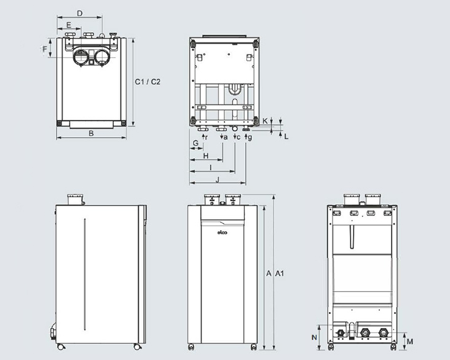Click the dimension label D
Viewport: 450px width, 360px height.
click(x=81, y=13)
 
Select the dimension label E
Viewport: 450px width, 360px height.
click(x=69, y=25)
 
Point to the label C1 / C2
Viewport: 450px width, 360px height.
click(x=148, y=82)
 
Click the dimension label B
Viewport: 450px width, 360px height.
click(x=90, y=132)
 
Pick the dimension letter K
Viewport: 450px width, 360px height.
click(x=265, y=121)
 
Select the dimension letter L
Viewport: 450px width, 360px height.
click(x=286, y=135)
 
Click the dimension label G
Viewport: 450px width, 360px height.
click(x=195, y=143)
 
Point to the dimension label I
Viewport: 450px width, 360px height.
click(x=211, y=167)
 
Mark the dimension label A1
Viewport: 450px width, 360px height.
click(x=280, y=272)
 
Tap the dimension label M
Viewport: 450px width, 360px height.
click(x=410, y=340)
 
